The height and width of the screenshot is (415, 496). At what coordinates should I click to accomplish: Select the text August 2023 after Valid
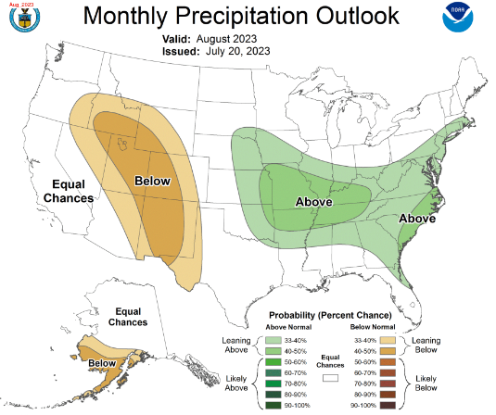pos(227,39)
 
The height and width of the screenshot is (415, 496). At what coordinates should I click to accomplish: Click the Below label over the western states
pos(152,181)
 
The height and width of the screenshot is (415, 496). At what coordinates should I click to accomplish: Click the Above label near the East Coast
pos(418,219)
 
